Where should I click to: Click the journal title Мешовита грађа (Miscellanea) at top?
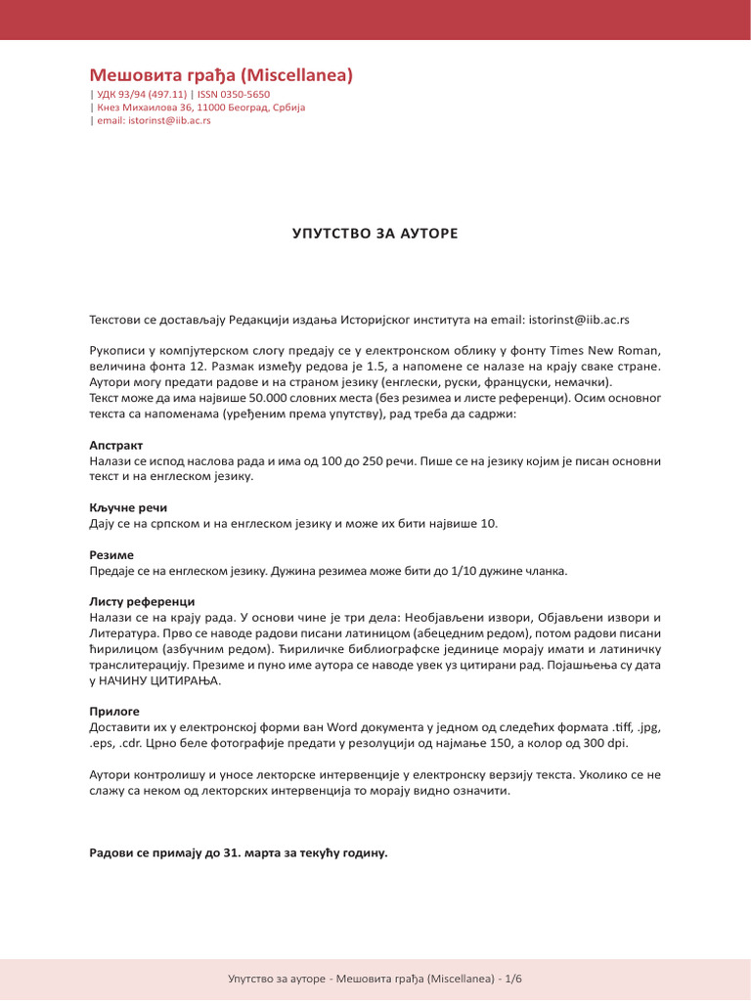(x=221, y=75)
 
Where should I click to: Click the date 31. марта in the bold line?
(x=252, y=852)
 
